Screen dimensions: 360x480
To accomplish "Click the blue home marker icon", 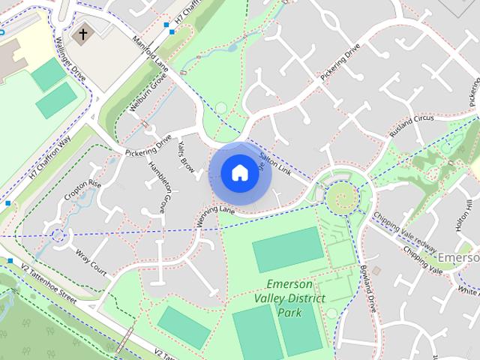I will pos(238,172).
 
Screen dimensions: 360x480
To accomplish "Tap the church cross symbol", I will pos(83,34).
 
